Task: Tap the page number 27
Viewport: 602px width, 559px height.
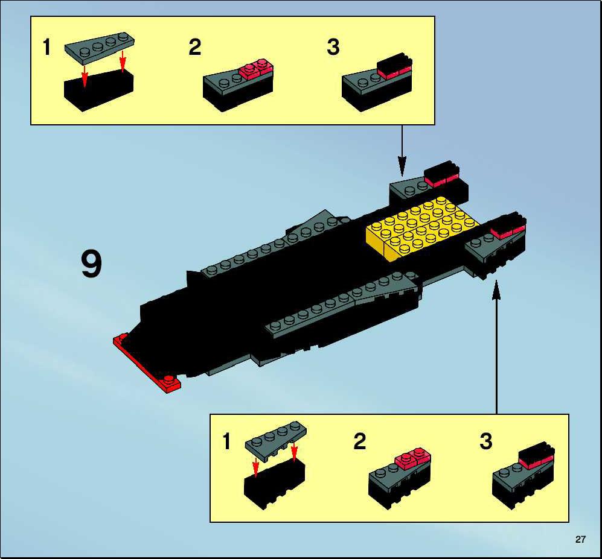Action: (580, 540)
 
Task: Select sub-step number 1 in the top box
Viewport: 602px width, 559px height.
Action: (46, 47)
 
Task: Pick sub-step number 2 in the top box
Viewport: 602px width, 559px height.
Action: (194, 47)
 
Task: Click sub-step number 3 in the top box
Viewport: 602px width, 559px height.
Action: (333, 47)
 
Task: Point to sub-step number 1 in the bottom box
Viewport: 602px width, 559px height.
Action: (226, 441)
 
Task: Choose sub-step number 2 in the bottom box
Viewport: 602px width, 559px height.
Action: (360, 441)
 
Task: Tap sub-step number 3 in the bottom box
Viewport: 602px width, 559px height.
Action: (486, 441)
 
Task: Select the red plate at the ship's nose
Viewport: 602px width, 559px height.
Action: (147, 362)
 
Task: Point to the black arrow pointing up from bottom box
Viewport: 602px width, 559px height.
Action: (496, 347)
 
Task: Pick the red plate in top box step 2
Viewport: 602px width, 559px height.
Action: (256, 68)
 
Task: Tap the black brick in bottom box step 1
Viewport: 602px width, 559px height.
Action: (275, 484)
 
